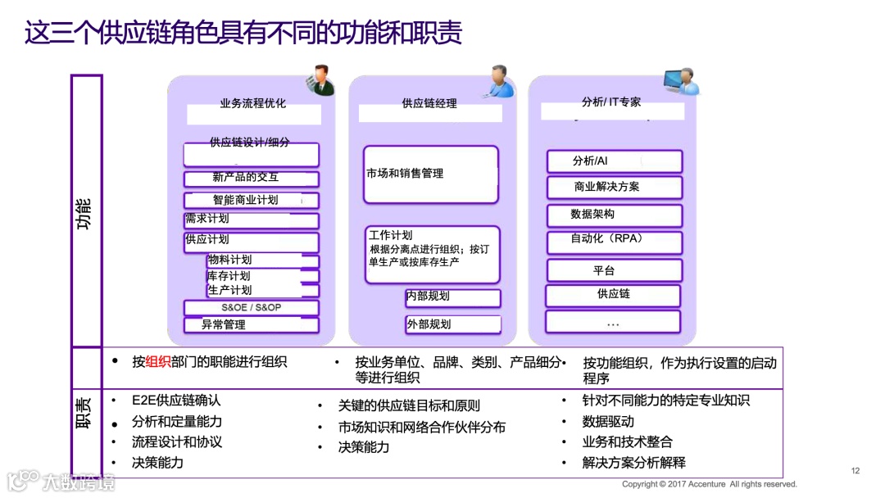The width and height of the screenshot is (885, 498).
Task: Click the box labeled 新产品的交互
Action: click(251, 179)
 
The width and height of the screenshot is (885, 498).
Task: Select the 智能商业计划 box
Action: click(251, 200)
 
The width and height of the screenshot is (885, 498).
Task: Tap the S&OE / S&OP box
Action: click(251, 308)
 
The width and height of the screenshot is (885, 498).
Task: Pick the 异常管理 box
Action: click(251, 324)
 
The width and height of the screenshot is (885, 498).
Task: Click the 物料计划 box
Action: click(262, 260)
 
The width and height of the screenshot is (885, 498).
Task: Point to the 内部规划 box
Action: click(452, 297)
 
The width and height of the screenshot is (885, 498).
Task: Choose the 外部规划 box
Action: click(452, 324)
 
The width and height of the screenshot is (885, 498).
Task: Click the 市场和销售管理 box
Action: click(431, 174)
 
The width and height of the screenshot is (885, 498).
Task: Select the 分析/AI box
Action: click(614, 161)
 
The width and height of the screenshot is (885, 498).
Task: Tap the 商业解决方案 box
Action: click(614, 187)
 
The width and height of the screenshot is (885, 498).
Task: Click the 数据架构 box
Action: click(614, 215)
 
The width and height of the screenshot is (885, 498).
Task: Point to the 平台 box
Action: click(614, 270)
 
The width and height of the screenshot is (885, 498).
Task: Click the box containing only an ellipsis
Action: click(614, 322)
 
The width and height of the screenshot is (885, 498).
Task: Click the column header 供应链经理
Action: click(429, 104)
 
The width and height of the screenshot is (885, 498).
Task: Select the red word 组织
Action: click(158, 361)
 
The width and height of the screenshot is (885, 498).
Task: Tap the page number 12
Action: click(855, 470)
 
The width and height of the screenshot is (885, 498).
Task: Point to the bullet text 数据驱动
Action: click(608, 421)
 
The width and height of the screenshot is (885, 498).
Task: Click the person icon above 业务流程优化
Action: click(319, 79)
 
